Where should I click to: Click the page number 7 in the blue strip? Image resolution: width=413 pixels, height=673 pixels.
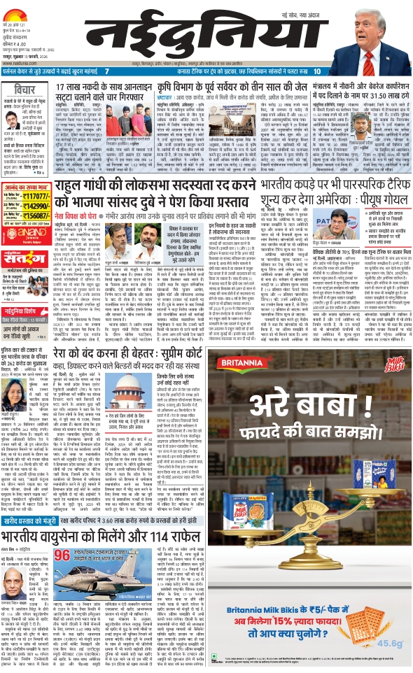pos(106,71)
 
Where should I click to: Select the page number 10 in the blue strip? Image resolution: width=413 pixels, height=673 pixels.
pos(317,71)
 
